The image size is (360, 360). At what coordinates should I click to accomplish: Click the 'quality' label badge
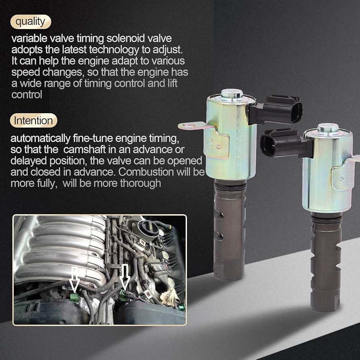coord(31,22)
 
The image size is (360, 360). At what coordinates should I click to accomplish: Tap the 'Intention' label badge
coord(33,120)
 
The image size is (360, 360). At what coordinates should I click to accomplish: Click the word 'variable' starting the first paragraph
coord(27,39)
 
